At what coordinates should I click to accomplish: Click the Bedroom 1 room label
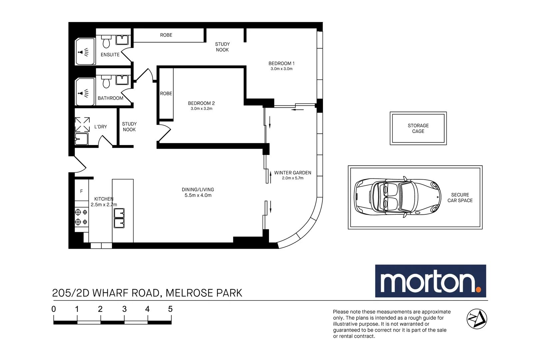pyautogui.click(x=281, y=63)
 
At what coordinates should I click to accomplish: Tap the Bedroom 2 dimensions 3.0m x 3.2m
pyautogui.click(x=201, y=109)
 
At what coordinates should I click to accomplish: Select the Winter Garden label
pyautogui.click(x=292, y=173)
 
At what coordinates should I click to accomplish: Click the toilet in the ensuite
pyautogui.click(x=106, y=42)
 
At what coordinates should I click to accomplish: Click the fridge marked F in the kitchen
pyautogui.click(x=81, y=191)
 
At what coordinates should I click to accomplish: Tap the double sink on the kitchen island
pyautogui.click(x=119, y=218)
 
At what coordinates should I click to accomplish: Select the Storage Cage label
pyautogui.click(x=418, y=128)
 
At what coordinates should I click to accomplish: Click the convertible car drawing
pyautogui.click(x=397, y=197)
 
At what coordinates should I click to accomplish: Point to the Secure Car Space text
pyautogui.click(x=460, y=198)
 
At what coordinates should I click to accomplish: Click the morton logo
pyautogui.click(x=430, y=281)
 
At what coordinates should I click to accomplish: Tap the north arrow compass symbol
pyautogui.click(x=476, y=319)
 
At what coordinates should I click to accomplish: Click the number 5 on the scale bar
pyautogui.click(x=170, y=309)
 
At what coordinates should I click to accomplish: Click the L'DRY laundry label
pyautogui.click(x=100, y=127)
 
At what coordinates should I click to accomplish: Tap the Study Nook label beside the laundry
pyautogui.click(x=129, y=127)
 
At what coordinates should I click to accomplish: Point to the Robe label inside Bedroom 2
pyautogui.click(x=166, y=94)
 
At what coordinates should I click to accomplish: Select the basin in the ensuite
pyautogui.click(x=122, y=40)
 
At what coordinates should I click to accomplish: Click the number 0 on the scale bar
pyautogui.click(x=54, y=309)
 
